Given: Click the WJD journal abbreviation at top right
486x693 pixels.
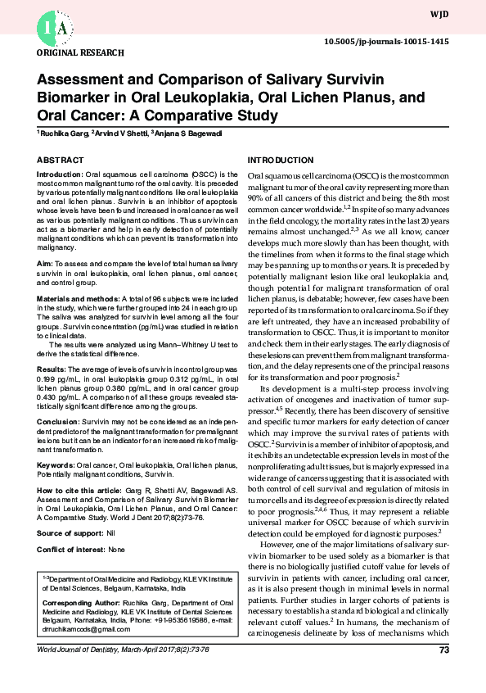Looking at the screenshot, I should (x=439, y=15).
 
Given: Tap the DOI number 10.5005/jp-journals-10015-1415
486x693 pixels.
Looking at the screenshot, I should (x=385, y=41).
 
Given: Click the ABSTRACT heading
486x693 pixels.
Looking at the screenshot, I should (x=61, y=160).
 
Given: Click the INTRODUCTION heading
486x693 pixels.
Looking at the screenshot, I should (x=280, y=160).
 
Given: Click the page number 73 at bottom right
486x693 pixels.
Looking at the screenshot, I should (x=444, y=650).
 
